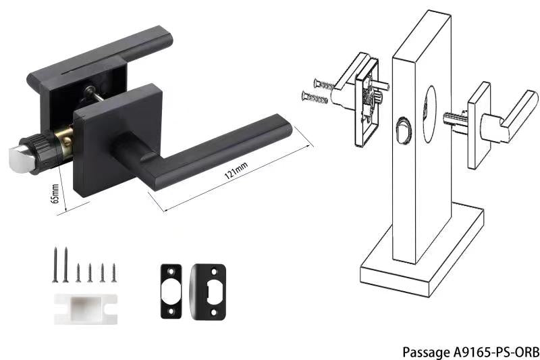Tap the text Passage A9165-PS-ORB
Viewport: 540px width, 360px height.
470,352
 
